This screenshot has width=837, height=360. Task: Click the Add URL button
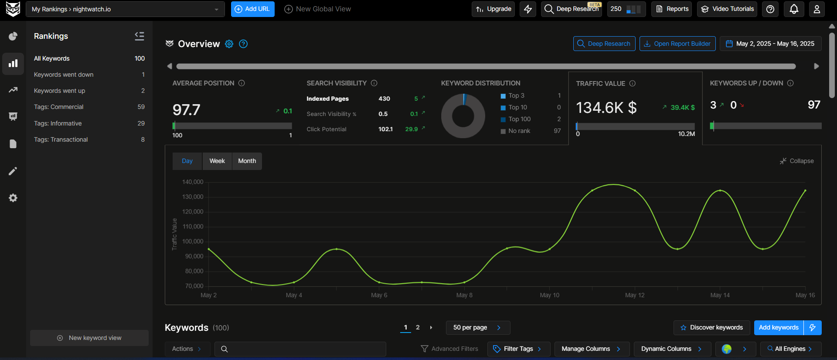[252, 9]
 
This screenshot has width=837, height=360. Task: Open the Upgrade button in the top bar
[493, 9]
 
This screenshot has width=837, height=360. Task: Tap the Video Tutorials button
[727, 9]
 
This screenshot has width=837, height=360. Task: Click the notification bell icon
[794, 9]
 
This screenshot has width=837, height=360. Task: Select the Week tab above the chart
[217, 161]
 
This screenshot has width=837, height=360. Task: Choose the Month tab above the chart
[247, 161]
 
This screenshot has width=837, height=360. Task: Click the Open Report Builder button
[677, 44]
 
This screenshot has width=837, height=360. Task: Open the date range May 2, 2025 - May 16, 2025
[770, 44]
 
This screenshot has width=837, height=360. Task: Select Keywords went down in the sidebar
[64, 75]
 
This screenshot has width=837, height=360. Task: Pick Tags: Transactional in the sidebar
[61, 139]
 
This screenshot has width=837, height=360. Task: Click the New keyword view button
[89, 338]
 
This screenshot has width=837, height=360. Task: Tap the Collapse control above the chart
[797, 161]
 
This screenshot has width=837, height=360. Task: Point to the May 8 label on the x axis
[464, 295]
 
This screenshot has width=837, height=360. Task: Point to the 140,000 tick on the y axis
[193, 182]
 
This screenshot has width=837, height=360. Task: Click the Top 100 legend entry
[519, 119]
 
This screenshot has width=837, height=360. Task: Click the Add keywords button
[779, 328]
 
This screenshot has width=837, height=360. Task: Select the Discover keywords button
[711, 328]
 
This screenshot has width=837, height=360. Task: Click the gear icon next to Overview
[229, 44]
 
